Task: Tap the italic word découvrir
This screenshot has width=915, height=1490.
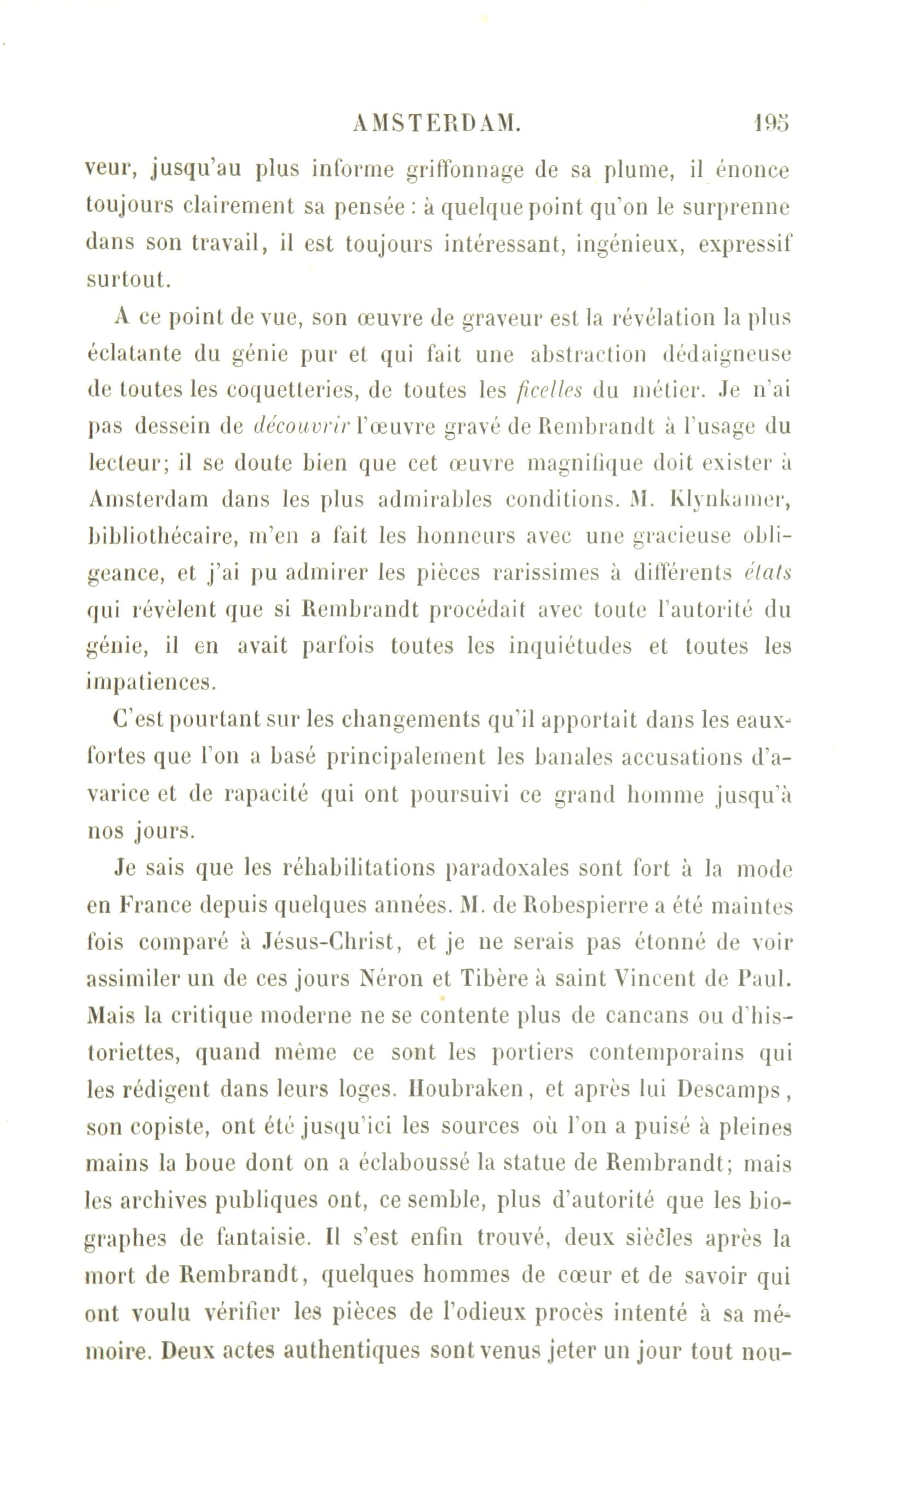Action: [300, 427]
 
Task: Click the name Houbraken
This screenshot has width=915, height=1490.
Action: [467, 1090]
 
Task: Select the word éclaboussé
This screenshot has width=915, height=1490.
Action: [413, 1163]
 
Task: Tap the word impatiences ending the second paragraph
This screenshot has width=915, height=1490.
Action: [151, 682]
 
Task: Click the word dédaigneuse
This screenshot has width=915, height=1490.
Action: [726, 353]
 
